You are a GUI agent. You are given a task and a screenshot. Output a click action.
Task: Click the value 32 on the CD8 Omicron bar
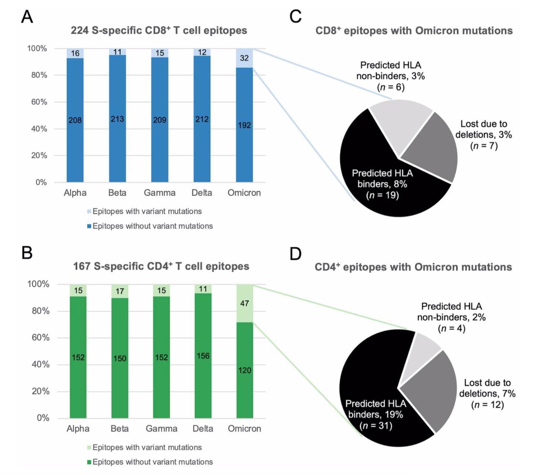coord(244,58)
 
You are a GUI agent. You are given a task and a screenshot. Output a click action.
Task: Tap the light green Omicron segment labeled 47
coord(245,303)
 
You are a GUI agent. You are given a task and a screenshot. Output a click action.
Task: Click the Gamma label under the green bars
coord(161,428)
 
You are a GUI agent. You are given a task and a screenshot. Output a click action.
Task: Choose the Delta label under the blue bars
coord(202,193)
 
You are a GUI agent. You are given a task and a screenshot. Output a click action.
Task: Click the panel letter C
coord(295,16)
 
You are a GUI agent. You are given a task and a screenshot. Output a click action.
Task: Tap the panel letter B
coord(27,252)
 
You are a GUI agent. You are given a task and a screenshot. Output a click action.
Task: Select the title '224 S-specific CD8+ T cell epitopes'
coord(159,30)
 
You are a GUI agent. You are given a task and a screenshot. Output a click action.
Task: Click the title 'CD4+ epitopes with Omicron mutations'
coord(413,267)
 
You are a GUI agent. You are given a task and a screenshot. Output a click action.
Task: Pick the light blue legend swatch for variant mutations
coord(89,211)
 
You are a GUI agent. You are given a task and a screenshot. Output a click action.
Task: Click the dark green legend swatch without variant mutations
coord(89,462)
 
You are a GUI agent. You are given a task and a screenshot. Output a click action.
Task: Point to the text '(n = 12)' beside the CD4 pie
coord(487,405)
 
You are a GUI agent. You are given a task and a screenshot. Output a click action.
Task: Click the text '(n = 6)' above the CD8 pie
coord(391,87)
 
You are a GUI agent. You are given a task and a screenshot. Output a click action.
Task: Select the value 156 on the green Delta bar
coord(203,356)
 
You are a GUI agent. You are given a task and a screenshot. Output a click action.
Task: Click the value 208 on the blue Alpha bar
coord(75,120)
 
